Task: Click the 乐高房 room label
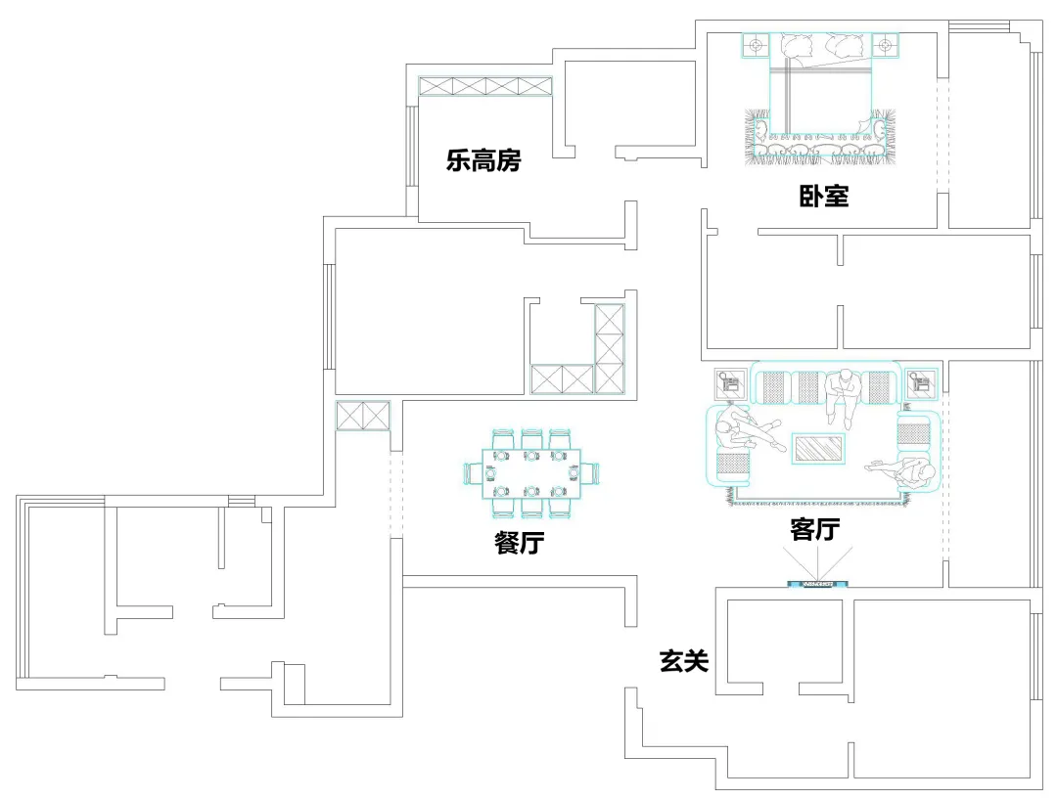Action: point(483,160)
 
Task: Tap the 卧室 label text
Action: point(823,197)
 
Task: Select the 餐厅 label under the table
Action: point(520,543)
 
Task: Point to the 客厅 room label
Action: point(815,529)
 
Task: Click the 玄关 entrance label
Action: point(683,662)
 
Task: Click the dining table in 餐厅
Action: point(531,472)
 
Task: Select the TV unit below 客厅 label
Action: point(817,585)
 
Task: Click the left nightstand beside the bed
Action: point(755,45)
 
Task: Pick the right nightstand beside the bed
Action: point(885,45)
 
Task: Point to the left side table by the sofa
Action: point(728,382)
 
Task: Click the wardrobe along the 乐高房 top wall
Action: point(485,86)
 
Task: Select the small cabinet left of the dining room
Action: point(363,415)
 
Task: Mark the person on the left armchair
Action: point(741,430)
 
